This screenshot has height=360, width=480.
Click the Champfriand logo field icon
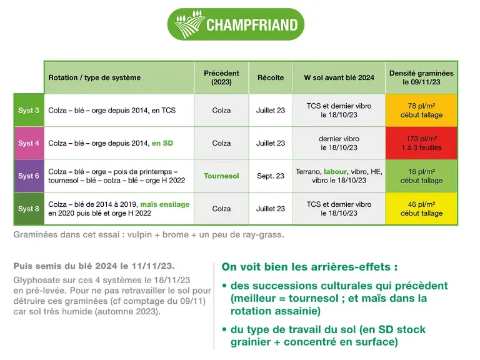pyautogui.click(x=189, y=24)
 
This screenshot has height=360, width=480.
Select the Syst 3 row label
pyautogui.click(x=29, y=110)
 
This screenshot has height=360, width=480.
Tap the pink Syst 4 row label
pyautogui.click(x=29, y=143)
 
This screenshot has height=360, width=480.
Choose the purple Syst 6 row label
pyautogui.click(x=29, y=176)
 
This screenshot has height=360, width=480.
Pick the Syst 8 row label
pyautogui.click(x=29, y=209)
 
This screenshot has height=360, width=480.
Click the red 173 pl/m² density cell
pyautogui.click(x=421, y=143)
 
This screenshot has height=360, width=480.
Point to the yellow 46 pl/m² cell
pyautogui.click(x=421, y=209)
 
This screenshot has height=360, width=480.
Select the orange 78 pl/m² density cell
pyautogui.click(x=421, y=110)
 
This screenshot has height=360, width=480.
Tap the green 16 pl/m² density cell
pyautogui.click(x=421, y=176)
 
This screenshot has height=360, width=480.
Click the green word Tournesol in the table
pyautogui.click(x=221, y=176)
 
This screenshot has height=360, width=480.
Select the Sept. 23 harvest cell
pyautogui.click(x=271, y=176)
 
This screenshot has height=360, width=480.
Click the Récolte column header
pyautogui.click(x=271, y=77)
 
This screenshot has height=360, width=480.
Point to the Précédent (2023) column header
pyautogui.click(x=221, y=77)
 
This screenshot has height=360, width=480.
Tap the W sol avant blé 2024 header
pyautogui.click(x=339, y=77)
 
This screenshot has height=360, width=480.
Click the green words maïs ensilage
pyautogui.click(x=165, y=204)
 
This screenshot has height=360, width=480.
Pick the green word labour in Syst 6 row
pyautogui.click(x=335, y=171)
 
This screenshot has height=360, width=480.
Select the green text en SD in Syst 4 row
pyautogui.click(x=162, y=143)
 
